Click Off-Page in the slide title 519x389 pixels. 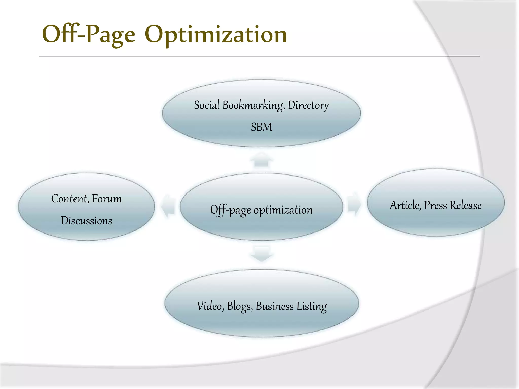[88, 34]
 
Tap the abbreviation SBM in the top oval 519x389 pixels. [261, 127]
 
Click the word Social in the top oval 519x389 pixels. [207, 105]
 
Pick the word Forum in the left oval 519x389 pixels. [107, 199]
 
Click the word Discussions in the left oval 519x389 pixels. [86, 221]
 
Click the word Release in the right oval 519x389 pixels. [466, 205]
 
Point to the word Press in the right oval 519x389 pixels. [436, 205]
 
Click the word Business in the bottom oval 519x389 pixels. [275, 306]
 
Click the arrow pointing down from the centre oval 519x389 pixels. [262, 254]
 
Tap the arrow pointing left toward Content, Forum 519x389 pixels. [168, 206]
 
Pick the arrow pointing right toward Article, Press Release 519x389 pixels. [355, 204]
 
